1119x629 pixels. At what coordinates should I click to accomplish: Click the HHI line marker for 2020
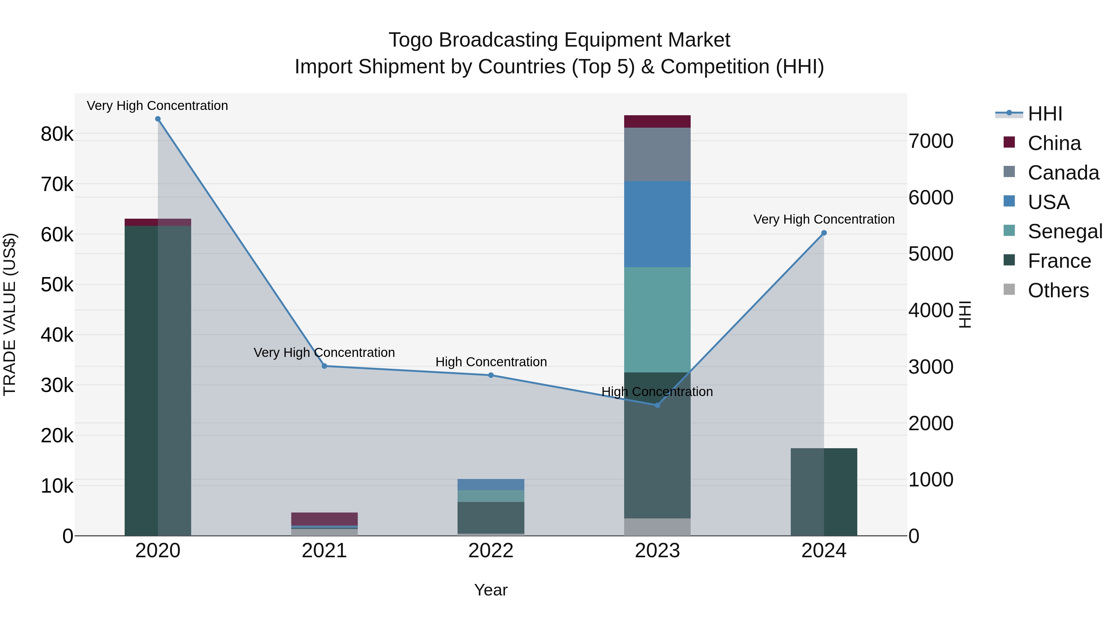tap(158, 119)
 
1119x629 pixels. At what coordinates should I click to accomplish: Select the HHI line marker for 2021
tap(325, 366)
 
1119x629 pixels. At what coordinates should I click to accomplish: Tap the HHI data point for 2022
tap(491, 375)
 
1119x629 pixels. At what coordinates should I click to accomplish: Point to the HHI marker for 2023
tap(657, 405)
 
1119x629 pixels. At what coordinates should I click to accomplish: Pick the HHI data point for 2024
tap(824, 233)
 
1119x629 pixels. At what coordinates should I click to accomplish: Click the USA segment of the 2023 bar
tap(657, 224)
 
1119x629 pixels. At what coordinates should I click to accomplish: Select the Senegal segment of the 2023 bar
tap(657, 320)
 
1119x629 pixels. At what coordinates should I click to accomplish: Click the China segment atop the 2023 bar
tap(657, 121)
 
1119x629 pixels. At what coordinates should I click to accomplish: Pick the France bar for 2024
tap(824, 492)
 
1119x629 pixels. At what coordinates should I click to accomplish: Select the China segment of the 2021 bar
tap(325, 519)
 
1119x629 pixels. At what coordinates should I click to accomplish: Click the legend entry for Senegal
tap(1065, 231)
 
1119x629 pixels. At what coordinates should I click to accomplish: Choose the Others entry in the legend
tap(1058, 290)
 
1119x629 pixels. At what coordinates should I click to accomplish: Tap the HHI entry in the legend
tap(1045, 114)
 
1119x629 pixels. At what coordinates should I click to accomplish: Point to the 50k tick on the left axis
tap(57, 285)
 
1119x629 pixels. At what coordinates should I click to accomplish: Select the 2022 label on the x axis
tap(491, 551)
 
